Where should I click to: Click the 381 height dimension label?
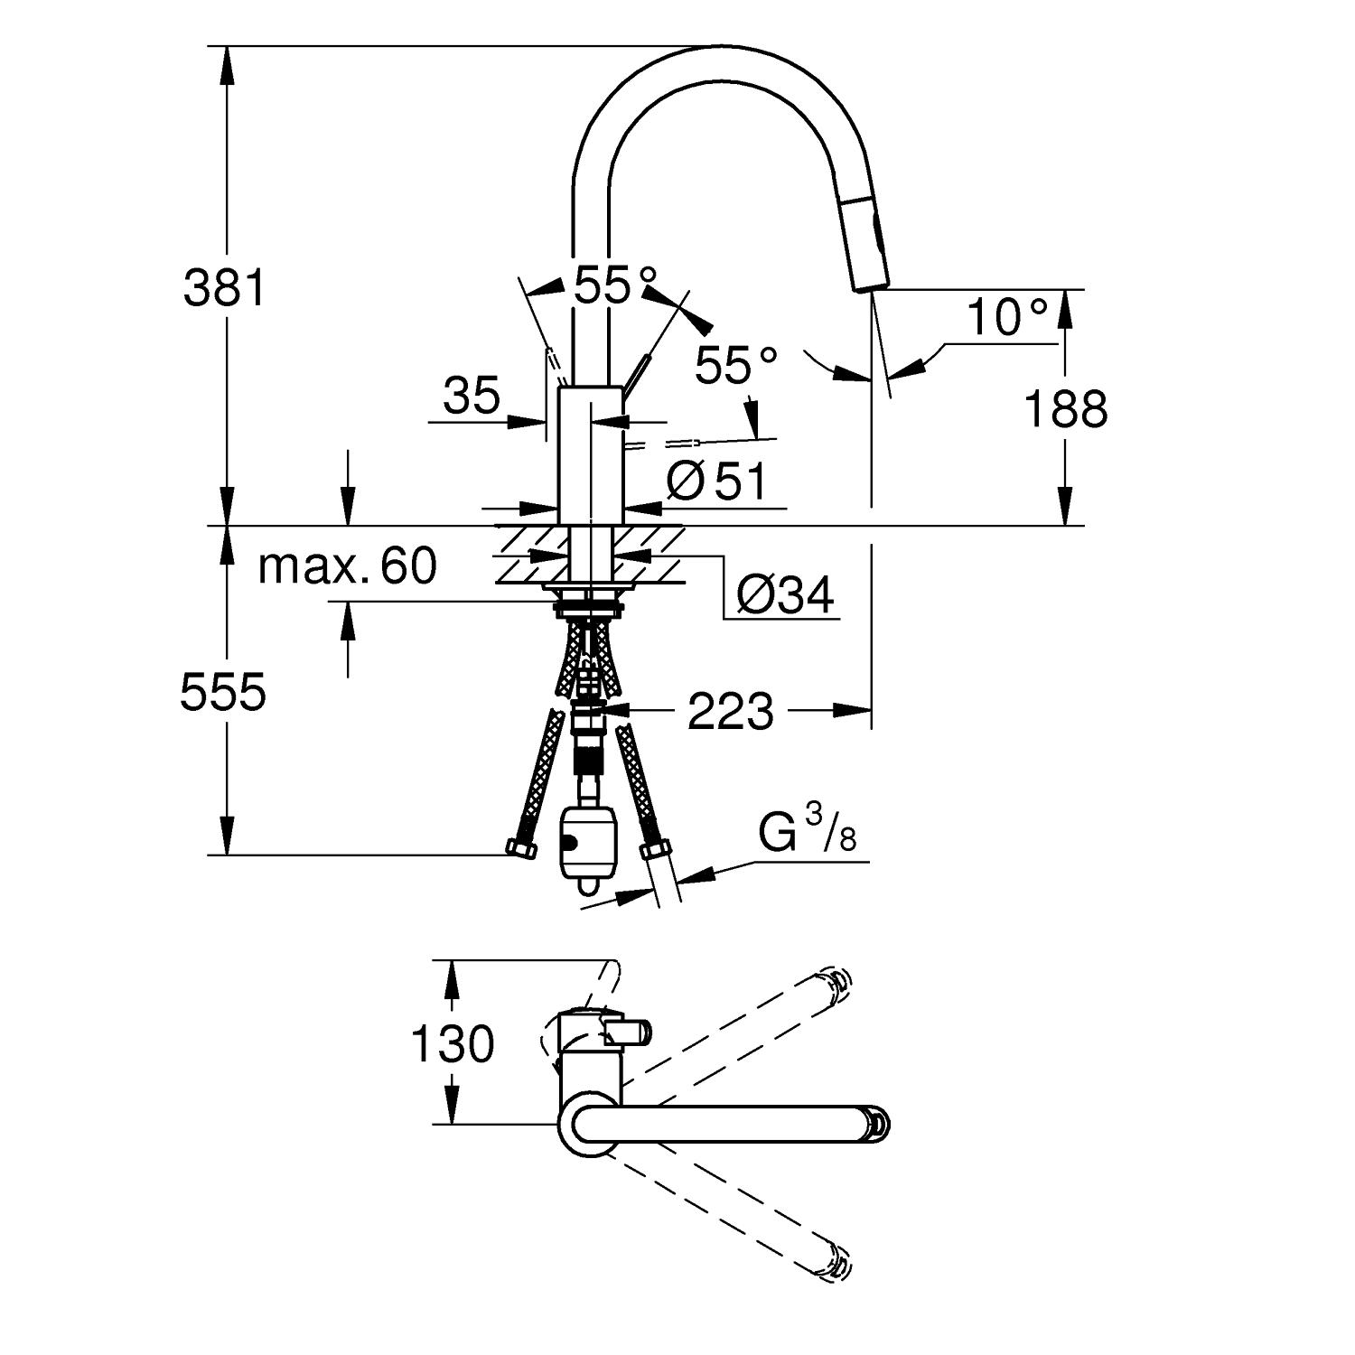[x=225, y=288]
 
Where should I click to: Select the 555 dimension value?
[x=223, y=693]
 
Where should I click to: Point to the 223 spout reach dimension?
[x=731, y=711]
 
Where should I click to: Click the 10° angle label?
[x=1007, y=318]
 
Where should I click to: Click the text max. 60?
[x=347, y=566]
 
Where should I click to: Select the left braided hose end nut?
[x=520, y=848]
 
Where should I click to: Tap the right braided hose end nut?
[x=655, y=850]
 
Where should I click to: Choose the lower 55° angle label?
[x=736, y=366]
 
